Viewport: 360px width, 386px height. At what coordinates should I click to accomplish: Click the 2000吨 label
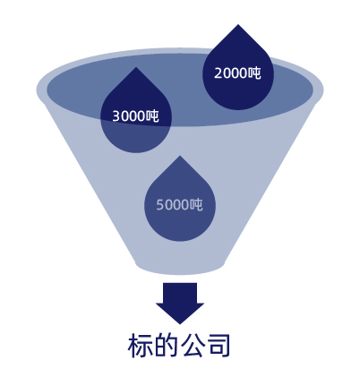tap(237, 73)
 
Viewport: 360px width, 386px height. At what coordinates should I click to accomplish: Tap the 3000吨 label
tap(136, 116)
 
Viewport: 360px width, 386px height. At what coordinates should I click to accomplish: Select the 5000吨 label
tap(180, 205)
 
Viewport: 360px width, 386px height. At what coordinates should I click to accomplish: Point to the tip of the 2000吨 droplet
tap(238, 24)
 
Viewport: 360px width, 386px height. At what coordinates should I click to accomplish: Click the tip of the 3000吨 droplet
tap(136, 67)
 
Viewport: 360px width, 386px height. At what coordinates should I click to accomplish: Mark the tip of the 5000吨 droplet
tap(180, 156)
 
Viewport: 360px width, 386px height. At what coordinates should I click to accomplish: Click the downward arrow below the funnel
tap(180, 303)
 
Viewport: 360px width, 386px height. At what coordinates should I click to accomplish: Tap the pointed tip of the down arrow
tap(180, 324)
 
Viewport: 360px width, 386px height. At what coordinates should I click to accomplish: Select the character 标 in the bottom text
tap(140, 346)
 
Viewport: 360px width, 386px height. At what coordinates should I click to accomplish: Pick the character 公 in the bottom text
tap(193, 346)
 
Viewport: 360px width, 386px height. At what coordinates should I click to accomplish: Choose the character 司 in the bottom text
tap(219, 346)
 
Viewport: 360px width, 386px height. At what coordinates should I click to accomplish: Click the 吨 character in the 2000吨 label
tap(254, 73)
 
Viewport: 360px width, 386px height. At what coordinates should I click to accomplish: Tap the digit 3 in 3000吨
tap(116, 116)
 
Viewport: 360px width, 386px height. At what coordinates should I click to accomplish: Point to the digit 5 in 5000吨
tap(159, 205)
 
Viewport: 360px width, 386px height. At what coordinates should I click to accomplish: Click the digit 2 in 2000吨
tap(218, 73)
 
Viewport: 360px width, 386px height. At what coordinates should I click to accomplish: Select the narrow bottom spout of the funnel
tap(180, 267)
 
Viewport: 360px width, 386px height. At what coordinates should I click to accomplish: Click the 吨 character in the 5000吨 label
tap(196, 205)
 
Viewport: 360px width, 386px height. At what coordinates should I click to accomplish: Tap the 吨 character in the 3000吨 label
tap(152, 116)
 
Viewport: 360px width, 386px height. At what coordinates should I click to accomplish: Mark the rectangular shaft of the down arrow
tap(180, 293)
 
